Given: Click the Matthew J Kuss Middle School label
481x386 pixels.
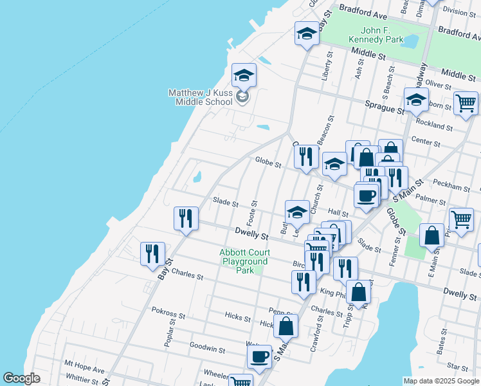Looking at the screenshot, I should click(x=200, y=97).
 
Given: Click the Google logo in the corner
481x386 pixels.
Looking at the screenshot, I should click(x=22, y=378).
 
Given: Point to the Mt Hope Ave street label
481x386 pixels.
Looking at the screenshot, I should click(x=84, y=371).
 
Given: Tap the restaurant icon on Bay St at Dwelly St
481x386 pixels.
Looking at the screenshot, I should click(x=185, y=217).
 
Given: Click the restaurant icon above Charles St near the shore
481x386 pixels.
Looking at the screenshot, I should click(x=152, y=253).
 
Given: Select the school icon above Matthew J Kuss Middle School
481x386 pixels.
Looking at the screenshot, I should click(x=244, y=75).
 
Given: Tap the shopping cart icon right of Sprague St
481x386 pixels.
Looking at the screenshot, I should click(x=465, y=103).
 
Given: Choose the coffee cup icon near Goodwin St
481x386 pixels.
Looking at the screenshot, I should click(x=259, y=356).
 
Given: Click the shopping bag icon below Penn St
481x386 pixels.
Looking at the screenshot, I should click(x=286, y=326).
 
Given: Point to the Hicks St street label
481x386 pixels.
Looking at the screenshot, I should click(x=233, y=316).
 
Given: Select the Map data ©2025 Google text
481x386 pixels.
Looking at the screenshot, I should click(x=441, y=381).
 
